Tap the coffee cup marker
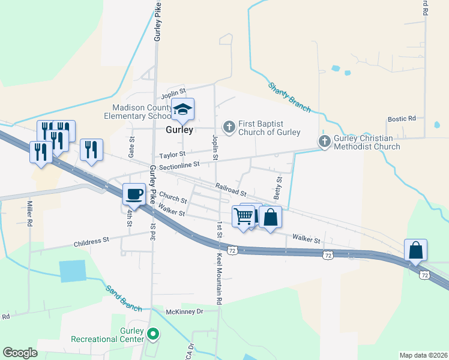[x=134, y=194]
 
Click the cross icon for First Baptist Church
[x=229, y=127]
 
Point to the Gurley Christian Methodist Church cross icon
[x=324, y=142]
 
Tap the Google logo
[x=20, y=353]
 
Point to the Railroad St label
[x=231, y=190]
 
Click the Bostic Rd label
[x=402, y=119]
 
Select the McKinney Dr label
[x=185, y=311]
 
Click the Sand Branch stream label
[x=123, y=298]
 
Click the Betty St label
[x=278, y=187]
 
